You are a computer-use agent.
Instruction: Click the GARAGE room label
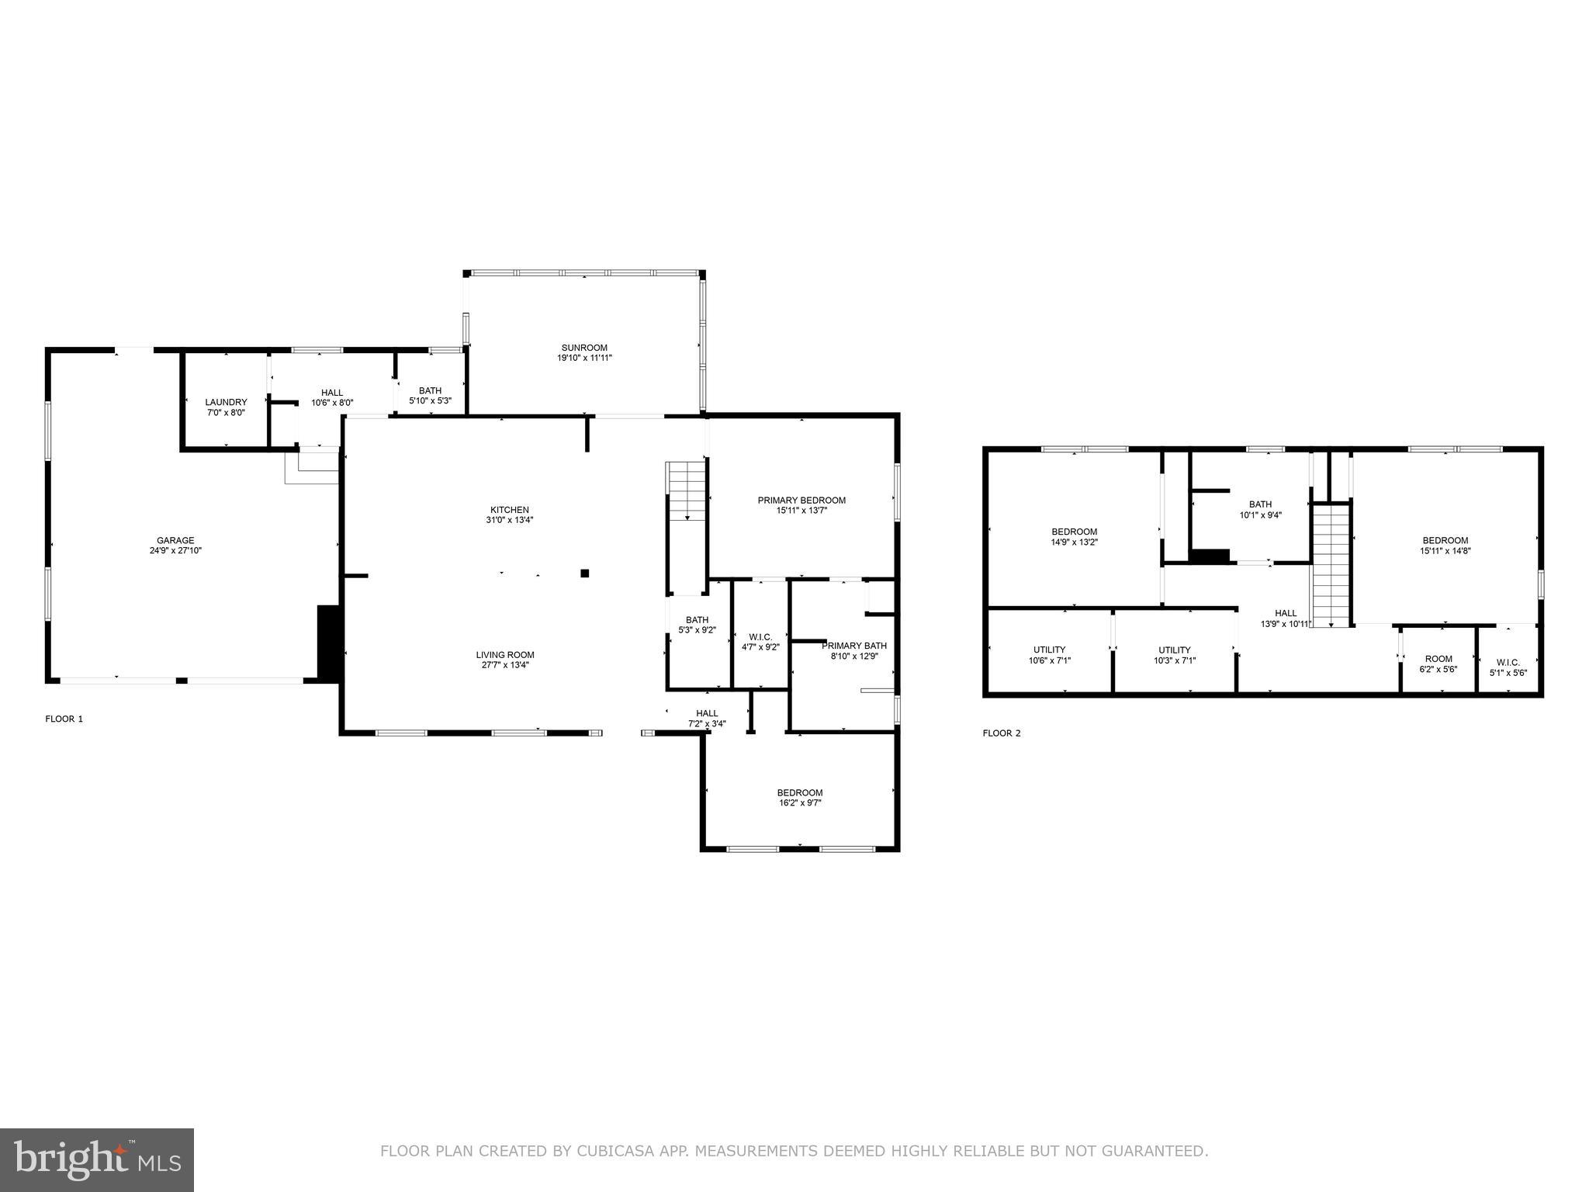click(x=175, y=541)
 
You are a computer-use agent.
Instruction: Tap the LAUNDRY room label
click(x=226, y=402)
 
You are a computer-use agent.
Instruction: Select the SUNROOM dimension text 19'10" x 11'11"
click(x=584, y=358)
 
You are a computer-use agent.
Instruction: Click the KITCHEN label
click(x=509, y=510)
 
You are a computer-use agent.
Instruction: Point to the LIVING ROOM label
click(x=505, y=655)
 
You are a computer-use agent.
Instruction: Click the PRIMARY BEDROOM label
click(x=801, y=501)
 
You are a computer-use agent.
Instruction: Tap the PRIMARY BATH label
click(x=853, y=646)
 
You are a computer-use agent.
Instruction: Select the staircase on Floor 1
click(x=687, y=490)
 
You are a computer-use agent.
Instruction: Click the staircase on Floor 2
click(x=1331, y=564)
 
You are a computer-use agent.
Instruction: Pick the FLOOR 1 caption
click(x=64, y=719)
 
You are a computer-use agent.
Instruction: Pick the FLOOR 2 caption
click(x=1002, y=733)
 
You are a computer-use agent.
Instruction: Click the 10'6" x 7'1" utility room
click(x=1049, y=655)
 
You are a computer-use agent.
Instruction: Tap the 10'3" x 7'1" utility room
click(x=1174, y=655)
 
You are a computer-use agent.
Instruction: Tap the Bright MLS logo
click(x=97, y=1160)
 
